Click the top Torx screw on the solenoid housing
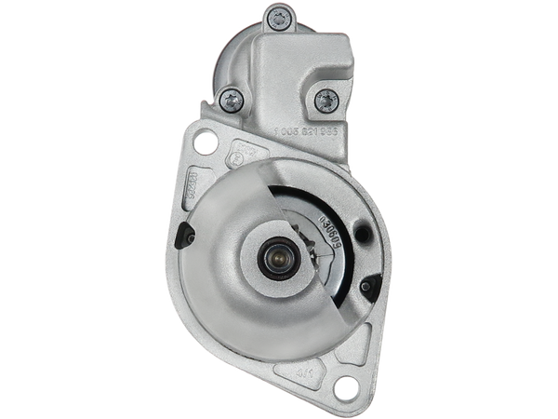coord(275,15)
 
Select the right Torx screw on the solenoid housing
coord(325,99)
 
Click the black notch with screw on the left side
coord(189,237)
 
